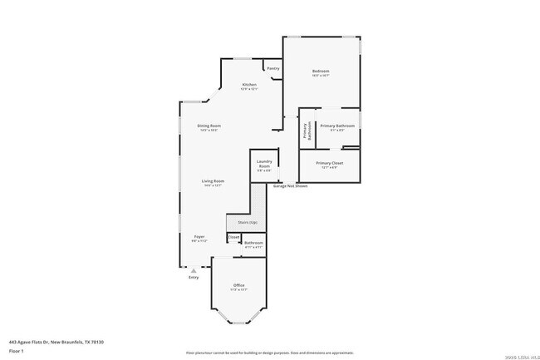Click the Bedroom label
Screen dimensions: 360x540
point(321,72)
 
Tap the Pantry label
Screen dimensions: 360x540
point(272,68)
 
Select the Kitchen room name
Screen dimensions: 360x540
point(249,85)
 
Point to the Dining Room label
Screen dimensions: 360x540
point(209,126)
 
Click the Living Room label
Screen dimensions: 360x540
point(213,180)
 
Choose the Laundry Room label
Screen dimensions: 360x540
point(264,164)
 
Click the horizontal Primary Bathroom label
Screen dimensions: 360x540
point(337,126)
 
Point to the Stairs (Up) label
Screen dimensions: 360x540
point(248,223)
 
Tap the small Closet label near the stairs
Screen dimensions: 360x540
point(233,237)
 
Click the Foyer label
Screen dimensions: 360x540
point(199,237)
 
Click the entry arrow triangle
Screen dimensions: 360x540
point(194,269)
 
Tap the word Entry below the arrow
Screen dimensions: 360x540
point(194,277)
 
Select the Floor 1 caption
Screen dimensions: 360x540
point(17,350)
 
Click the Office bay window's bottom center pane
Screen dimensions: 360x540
point(239,323)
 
